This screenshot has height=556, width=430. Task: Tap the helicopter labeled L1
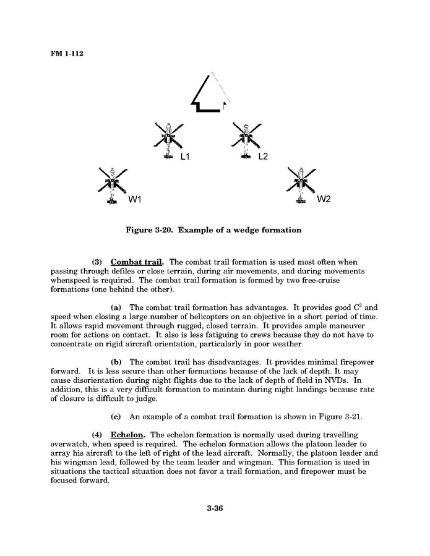coord(168,140)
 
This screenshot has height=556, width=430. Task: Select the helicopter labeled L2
coord(246,140)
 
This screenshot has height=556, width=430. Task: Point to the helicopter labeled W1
coord(112,184)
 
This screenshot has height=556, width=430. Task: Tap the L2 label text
coord(263,157)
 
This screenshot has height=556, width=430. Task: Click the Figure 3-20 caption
coord(213,231)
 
